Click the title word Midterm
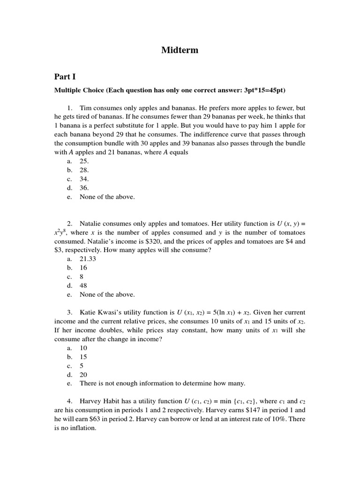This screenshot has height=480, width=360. tap(180, 50)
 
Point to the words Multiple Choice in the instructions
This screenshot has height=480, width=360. tap(79, 90)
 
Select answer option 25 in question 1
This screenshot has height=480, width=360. tap(84, 161)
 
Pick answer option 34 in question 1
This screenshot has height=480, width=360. tap(84, 179)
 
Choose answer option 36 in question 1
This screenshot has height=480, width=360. tap(84, 188)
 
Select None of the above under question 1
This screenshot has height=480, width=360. tap(107, 197)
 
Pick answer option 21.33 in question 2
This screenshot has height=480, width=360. tap(88, 259)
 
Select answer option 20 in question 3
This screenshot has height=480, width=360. tap(83, 375)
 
